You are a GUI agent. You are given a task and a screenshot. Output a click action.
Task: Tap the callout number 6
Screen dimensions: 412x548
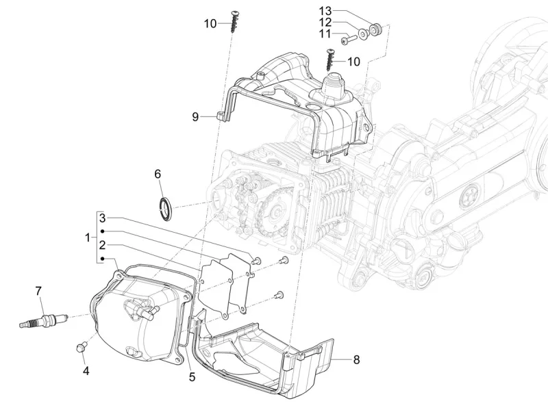[158, 175]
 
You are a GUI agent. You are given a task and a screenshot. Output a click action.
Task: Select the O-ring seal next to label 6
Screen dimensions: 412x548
[165, 208]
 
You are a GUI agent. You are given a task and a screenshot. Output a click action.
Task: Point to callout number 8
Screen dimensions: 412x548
[357, 359]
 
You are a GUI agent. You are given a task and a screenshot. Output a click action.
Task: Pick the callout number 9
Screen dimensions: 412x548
[195, 117]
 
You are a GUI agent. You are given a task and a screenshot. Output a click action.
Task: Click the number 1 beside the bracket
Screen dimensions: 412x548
[88, 238]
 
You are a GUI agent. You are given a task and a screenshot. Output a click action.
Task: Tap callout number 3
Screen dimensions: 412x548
[101, 218]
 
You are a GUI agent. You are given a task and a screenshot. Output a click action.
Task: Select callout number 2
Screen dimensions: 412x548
[101, 244]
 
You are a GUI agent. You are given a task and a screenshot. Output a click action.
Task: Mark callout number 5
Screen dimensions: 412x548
[192, 376]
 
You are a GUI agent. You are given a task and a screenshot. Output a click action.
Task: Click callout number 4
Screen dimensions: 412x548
[86, 372]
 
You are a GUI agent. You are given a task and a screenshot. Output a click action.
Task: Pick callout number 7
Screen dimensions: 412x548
[39, 291]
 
